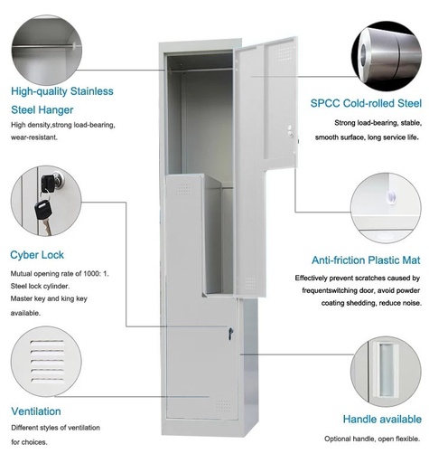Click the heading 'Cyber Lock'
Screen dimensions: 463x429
[x=37, y=255]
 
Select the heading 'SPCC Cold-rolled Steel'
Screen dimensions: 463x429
[x=365, y=104]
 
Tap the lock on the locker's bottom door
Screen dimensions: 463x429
[x=230, y=334]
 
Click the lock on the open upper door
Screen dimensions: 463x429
[x=291, y=133]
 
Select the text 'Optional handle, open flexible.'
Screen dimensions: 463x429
[x=372, y=439]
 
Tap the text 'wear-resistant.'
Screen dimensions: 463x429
[x=34, y=137]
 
